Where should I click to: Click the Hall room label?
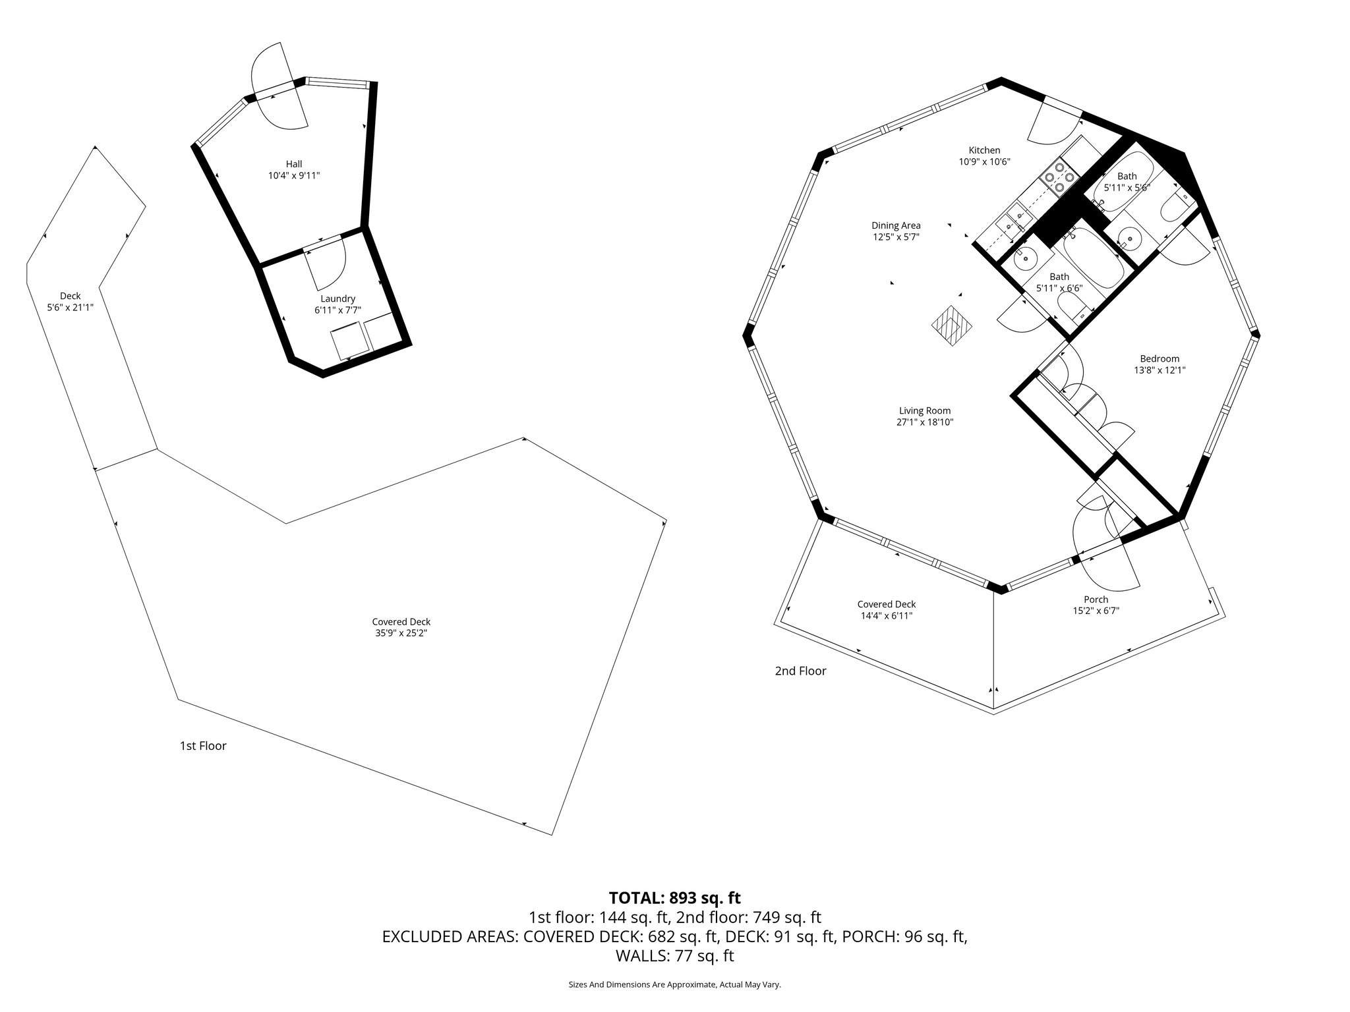[x=294, y=163]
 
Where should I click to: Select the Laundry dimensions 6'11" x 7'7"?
[x=337, y=310]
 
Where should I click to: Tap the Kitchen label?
[x=984, y=150]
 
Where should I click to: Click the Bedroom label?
[x=1159, y=358]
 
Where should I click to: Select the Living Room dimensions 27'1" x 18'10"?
[x=925, y=422]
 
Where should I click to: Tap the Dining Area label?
[x=896, y=225]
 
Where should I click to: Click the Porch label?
[x=1096, y=599]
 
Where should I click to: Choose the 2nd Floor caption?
[x=800, y=671]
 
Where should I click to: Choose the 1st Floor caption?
[x=203, y=746]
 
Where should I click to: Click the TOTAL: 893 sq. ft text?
[x=674, y=897]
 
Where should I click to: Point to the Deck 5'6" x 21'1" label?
[x=70, y=301]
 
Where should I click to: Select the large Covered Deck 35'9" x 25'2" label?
[x=401, y=627]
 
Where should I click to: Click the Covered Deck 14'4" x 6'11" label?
[x=886, y=609]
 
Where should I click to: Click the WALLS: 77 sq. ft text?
[x=674, y=955]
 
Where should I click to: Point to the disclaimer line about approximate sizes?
[x=674, y=984]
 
